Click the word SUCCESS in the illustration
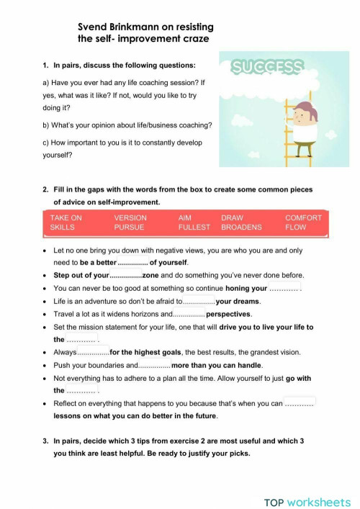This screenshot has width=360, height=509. click(x=267, y=68)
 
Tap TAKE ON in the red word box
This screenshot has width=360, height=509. click(x=66, y=217)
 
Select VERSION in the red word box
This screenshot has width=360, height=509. click(x=130, y=217)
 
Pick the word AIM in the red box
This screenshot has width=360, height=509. click(x=184, y=217)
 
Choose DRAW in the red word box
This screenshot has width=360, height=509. click(x=232, y=217)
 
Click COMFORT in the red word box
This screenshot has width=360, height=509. click(x=303, y=217)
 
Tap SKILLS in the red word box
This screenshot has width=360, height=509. click(x=63, y=227)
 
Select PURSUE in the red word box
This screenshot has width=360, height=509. click(x=129, y=227)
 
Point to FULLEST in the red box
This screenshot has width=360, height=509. click(x=194, y=227)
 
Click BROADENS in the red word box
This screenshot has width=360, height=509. click(x=243, y=227)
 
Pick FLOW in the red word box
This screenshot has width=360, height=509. click(x=296, y=227)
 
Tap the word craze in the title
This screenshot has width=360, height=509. click(x=195, y=38)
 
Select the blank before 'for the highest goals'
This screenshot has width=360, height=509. click(x=93, y=353)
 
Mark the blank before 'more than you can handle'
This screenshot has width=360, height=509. click(x=153, y=366)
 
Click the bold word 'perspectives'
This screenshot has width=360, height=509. click(x=228, y=315)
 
